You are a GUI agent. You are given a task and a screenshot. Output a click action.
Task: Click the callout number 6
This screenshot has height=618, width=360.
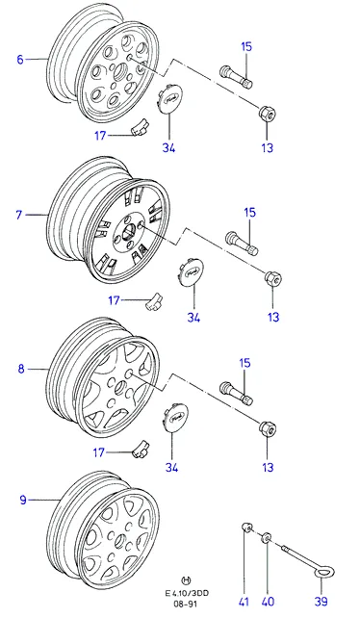pos(20,60)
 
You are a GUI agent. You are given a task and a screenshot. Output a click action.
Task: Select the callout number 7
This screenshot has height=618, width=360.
pos(19,216)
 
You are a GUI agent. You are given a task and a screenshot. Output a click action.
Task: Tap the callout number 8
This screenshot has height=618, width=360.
pos(21,370)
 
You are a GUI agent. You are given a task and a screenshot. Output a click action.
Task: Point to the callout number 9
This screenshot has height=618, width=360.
pos(23,501)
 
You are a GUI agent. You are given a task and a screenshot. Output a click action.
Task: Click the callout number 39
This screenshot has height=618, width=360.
pos(321,602)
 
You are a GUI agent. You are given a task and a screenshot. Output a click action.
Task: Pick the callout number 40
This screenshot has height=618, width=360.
pos(268,602)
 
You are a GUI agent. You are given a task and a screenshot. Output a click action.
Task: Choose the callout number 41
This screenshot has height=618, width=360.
pos(244,602)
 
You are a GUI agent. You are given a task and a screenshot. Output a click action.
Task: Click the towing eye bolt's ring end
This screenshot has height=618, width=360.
pos(325,571)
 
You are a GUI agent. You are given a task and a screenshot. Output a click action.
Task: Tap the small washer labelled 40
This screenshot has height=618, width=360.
pos(267,537)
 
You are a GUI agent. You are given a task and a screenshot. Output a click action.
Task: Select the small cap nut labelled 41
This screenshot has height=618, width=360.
pos(246,527)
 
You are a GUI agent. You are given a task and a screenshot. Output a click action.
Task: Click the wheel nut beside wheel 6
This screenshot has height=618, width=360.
pos(267,114)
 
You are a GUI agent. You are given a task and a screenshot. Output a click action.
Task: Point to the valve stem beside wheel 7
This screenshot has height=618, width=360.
pos(242,244)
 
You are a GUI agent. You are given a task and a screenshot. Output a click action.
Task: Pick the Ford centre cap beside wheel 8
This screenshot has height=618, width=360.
pos(175,418)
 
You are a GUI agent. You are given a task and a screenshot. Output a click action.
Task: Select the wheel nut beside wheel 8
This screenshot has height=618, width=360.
pos(268,428)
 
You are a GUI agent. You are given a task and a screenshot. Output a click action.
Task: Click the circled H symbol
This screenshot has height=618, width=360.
pos(187,579)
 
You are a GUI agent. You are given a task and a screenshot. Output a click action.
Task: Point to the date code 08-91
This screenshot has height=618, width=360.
pos(187,604)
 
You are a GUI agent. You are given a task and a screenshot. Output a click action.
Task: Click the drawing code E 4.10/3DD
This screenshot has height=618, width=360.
pos(187,594)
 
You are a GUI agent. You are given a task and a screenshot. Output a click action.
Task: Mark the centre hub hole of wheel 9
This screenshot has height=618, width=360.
pos(120,542)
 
